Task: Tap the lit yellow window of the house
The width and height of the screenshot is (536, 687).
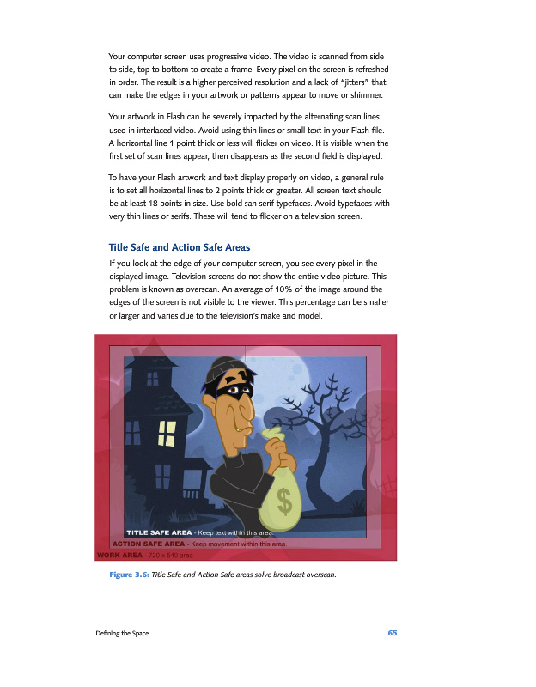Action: pos(166,434)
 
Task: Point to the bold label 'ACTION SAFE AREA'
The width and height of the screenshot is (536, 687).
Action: pos(149,544)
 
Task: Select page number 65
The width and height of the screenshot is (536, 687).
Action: pos(392,633)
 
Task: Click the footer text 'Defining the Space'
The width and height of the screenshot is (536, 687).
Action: pos(122,633)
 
